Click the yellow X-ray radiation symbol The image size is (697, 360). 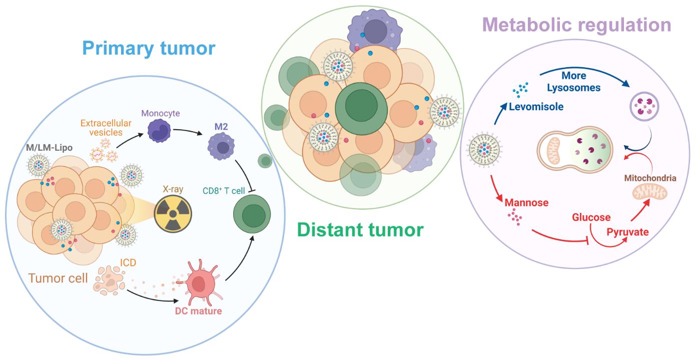(x=173, y=213)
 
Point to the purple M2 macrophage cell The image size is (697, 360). (x=221, y=147)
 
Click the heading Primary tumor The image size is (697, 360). (x=149, y=49)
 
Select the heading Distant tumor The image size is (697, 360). (x=359, y=230)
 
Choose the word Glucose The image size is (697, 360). (x=591, y=217)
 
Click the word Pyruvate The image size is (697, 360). (x=627, y=232)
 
